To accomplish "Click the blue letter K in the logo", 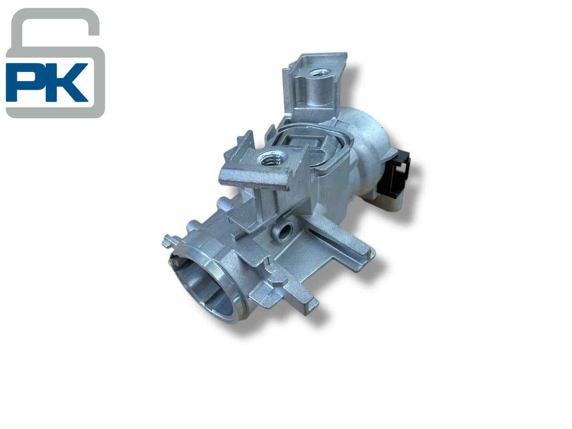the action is tap(66, 82).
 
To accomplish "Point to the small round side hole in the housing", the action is tap(284, 230).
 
